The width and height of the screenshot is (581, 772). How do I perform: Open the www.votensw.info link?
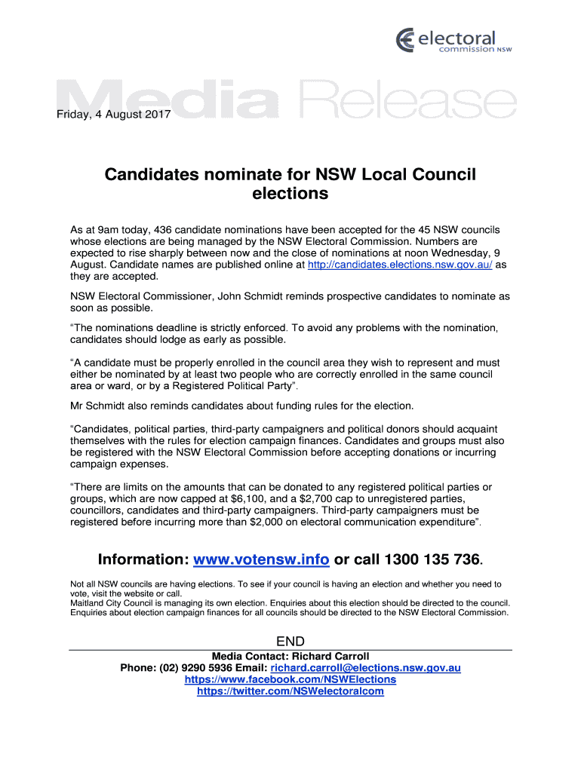point(261,560)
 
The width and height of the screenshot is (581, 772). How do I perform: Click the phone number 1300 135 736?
point(432,560)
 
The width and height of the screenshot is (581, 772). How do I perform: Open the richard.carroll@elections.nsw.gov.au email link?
point(366,668)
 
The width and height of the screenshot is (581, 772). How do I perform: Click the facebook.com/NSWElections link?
point(290,679)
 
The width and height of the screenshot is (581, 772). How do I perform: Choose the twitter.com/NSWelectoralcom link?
point(290,691)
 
